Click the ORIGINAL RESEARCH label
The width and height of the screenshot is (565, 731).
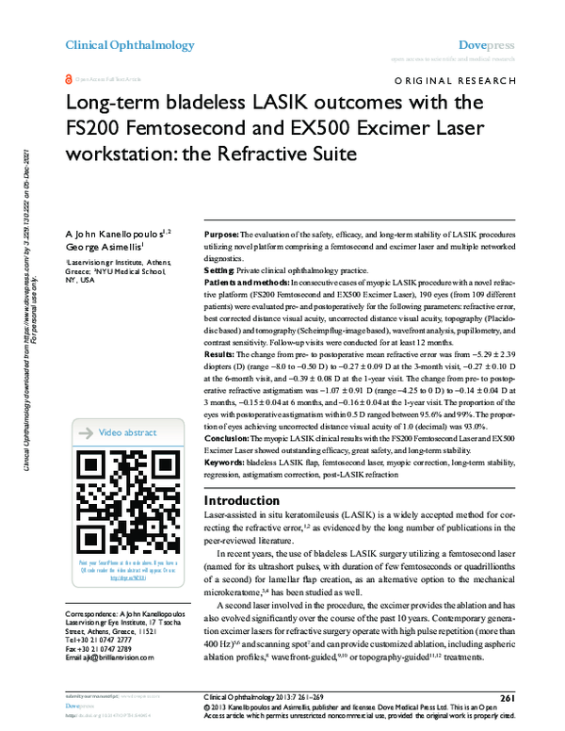tap(458, 82)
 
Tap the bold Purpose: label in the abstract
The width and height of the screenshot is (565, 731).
tap(222, 233)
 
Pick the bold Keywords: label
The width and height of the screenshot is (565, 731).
tap(225, 462)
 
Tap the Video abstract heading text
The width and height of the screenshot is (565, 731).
tap(128, 432)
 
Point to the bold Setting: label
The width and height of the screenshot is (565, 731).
tap(220, 269)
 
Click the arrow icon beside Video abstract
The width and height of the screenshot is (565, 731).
tap(84, 432)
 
